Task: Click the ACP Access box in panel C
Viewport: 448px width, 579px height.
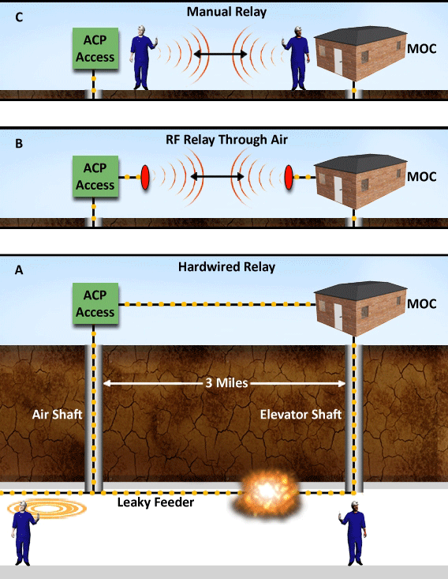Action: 95,49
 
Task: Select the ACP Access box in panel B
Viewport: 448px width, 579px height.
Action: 95,178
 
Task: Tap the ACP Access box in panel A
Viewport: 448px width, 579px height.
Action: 95,304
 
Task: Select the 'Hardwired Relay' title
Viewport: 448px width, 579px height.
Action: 226,267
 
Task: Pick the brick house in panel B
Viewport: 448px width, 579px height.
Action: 357,180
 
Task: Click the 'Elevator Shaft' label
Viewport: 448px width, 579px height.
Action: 300,414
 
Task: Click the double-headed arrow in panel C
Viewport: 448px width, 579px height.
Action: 218,55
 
